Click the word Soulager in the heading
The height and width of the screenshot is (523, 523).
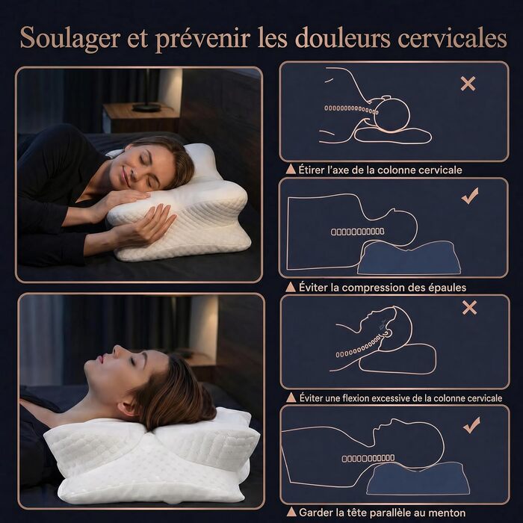[70, 37]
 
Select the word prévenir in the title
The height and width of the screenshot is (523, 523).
[202, 38]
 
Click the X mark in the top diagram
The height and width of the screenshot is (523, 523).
[468, 84]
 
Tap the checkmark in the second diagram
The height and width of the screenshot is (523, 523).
[470, 196]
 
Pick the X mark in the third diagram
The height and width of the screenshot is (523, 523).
[470, 308]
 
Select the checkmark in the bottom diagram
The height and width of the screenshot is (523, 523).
[471, 425]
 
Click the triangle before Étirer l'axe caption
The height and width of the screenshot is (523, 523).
[291, 170]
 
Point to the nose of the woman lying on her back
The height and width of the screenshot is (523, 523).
[117, 350]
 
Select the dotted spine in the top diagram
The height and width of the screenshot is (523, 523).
[351, 109]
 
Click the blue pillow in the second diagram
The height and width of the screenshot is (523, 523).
[409, 258]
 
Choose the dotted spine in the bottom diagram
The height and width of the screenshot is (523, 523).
[368, 459]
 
